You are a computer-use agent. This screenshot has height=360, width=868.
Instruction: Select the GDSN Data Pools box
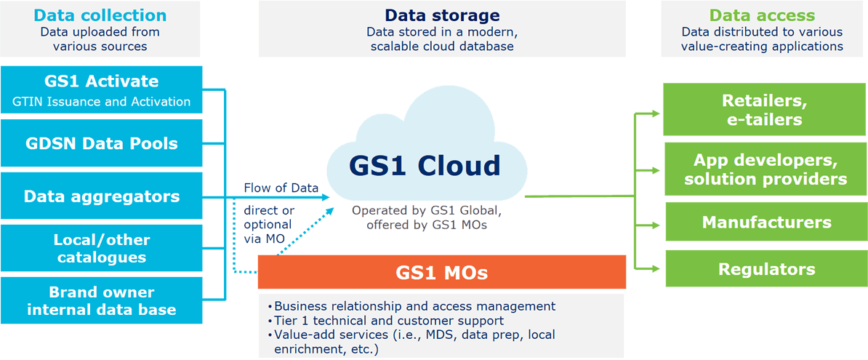click(x=100, y=143)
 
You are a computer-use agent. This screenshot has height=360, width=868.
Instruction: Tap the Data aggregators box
click(x=100, y=196)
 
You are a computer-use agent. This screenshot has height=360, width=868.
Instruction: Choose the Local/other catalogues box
click(x=100, y=248)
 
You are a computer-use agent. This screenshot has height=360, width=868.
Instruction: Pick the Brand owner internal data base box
click(x=100, y=300)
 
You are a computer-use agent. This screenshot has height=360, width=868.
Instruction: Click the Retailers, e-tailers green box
click(x=764, y=110)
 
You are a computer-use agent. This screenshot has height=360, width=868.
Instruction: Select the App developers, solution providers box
click(x=764, y=169)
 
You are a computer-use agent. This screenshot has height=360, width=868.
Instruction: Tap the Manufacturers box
click(x=764, y=223)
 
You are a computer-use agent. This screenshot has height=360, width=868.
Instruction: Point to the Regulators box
click(x=764, y=269)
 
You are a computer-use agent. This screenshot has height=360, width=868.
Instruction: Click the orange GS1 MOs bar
click(x=441, y=273)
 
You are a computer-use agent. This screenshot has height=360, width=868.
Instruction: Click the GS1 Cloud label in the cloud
click(x=425, y=166)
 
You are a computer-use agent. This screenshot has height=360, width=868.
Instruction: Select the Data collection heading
click(x=100, y=15)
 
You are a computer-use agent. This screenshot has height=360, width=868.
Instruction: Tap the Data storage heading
click(x=441, y=15)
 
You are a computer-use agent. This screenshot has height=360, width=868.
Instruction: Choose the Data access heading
click(x=762, y=15)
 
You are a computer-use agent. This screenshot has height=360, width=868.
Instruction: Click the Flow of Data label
click(x=281, y=188)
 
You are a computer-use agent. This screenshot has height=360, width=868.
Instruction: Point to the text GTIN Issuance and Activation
click(x=101, y=102)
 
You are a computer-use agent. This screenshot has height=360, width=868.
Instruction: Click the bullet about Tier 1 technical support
click(x=389, y=321)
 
